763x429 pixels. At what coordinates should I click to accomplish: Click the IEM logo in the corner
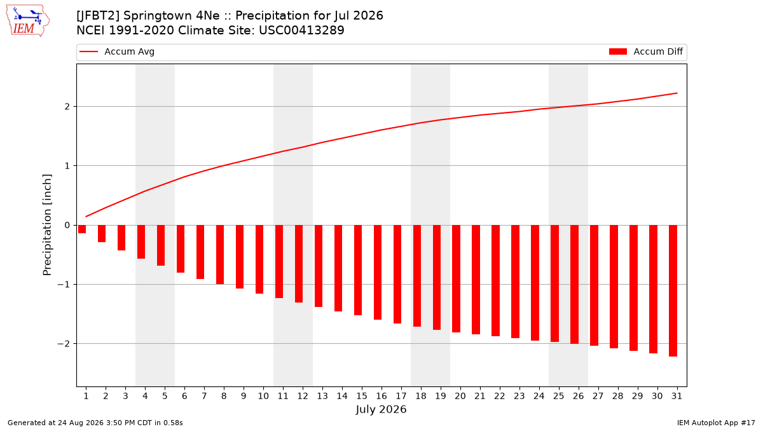tap(28, 21)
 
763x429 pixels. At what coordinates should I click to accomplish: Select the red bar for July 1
tap(82, 229)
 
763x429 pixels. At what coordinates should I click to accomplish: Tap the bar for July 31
tap(673, 291)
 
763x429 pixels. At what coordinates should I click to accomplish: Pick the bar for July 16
tap(378, 273)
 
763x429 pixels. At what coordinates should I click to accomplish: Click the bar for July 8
tap(220, 255)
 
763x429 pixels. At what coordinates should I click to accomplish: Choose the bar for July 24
tap(535, 283)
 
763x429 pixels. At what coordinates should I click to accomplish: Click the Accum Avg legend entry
tap(117, 51)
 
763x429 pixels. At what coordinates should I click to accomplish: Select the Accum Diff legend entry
tap(646, 51)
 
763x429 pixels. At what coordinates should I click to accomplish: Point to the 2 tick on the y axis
tap(67, 107)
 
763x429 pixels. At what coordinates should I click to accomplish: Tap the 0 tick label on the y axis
tap(67, 225)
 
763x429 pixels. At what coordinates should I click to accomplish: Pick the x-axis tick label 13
tap(322, 396)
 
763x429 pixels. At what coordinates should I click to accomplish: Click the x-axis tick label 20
tap(460, 396)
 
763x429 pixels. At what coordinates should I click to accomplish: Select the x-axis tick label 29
tap(637, 396)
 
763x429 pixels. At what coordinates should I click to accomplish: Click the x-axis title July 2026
tap(381, 409)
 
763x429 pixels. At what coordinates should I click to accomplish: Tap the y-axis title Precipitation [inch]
tap(47, 225)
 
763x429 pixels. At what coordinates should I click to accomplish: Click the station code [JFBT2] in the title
tap(98, 16)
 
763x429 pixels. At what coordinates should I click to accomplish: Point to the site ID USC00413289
tap(301, 31)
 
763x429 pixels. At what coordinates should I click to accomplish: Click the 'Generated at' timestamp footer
tap(95, 423)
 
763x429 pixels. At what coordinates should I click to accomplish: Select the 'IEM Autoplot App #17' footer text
tap(716, 423)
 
